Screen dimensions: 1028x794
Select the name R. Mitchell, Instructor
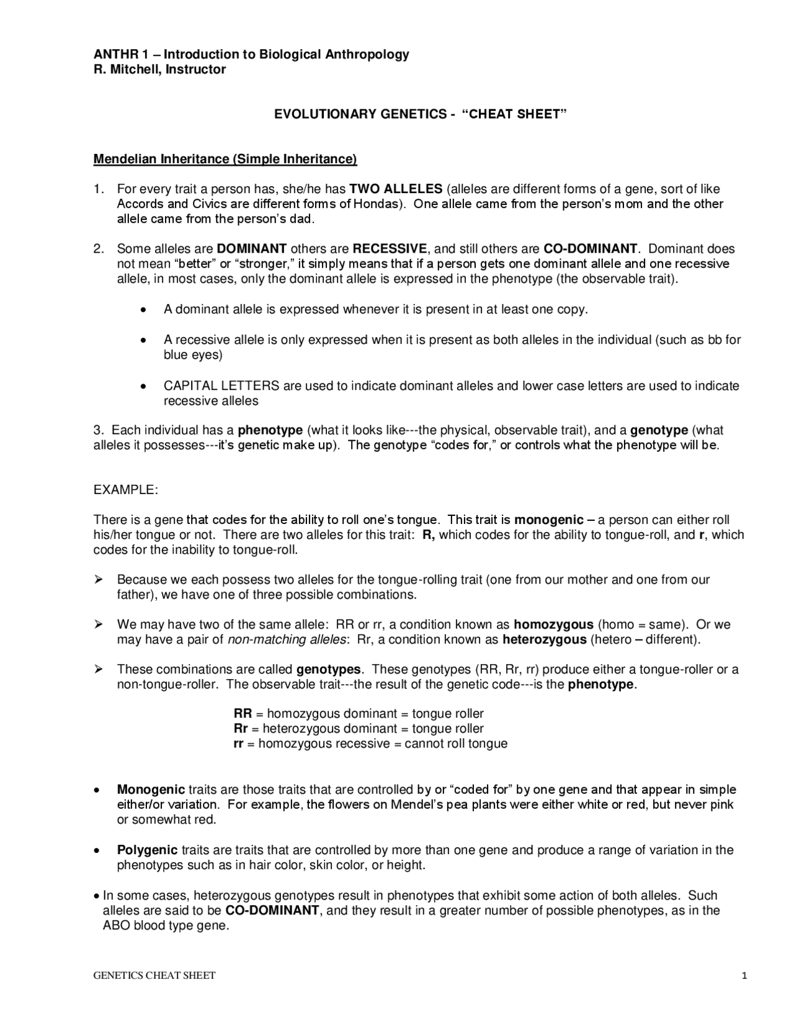click(x=159, y=70)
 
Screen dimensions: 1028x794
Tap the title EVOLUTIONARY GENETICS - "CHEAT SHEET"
click(x=421, y=114)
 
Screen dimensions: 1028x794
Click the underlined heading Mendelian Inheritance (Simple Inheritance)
click(x=225, y=159)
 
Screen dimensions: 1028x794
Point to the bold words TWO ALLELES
click(x=396, y=189)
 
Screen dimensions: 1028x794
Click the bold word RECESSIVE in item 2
click(x=390, y=249)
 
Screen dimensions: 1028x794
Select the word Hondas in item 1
click(x=375, y=204)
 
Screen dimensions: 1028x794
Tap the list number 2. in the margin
click(x=99, y=249)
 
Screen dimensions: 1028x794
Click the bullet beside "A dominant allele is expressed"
click(x=143, y=310)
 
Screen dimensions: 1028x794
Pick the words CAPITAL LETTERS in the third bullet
click(x=221, y=386)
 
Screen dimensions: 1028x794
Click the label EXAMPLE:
click(x=126, y=490)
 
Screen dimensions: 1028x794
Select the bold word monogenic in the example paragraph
click(x=549, y=520)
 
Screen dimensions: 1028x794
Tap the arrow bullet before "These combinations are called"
click(x=98, y=669)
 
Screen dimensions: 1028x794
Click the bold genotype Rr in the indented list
click(x=241, y=729)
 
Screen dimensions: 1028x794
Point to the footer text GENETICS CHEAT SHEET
click(x=154, y=976)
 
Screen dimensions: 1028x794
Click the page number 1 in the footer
click(x=744, y=976)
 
